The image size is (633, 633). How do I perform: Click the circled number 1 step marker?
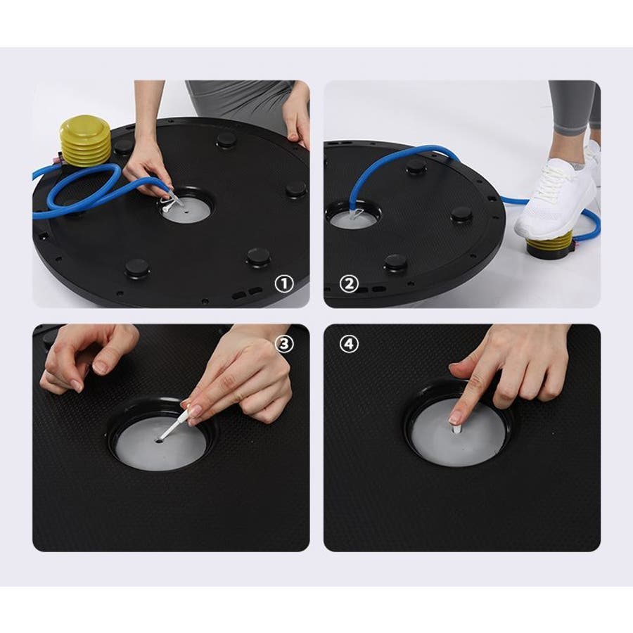point(284,284)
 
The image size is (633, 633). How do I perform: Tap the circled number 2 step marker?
point(349,284)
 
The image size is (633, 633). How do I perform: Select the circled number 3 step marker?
point(284,345)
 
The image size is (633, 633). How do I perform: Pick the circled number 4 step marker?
point(349,345)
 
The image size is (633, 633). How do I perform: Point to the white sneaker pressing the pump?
point(556,194)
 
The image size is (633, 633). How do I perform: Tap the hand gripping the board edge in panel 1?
point(297,115)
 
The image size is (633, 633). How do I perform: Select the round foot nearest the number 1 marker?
point(258,257)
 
